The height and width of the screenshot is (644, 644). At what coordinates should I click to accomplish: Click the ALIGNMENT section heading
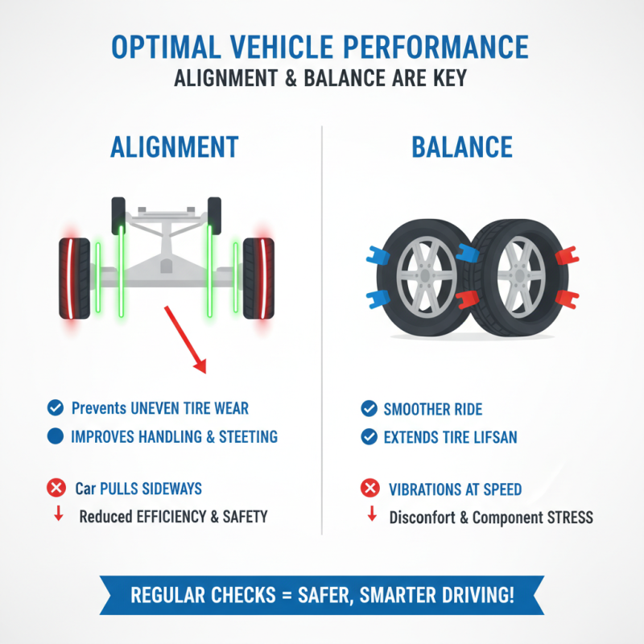tap(174, 147)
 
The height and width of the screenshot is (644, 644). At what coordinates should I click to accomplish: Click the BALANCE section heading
tap(462, 147)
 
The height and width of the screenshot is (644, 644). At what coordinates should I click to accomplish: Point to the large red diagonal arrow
tap(184, 338)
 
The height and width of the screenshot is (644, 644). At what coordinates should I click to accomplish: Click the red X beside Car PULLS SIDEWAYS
tap(56, 488)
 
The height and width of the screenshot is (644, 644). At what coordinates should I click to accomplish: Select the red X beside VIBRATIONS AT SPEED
tap(369, 488)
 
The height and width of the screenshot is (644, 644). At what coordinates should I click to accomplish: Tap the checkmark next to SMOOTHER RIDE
tap(369, 409)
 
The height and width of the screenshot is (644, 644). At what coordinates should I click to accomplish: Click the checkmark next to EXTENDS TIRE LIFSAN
tap(369, 437)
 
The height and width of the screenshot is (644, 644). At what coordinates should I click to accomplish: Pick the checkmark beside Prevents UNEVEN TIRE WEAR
tap(56, 408)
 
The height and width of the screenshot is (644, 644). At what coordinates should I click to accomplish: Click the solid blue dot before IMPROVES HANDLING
tap(56, 436)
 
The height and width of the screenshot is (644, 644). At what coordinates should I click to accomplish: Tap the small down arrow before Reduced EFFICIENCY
tap(58, 515)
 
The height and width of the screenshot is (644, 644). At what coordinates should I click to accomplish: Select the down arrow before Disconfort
tap(371, 515)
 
